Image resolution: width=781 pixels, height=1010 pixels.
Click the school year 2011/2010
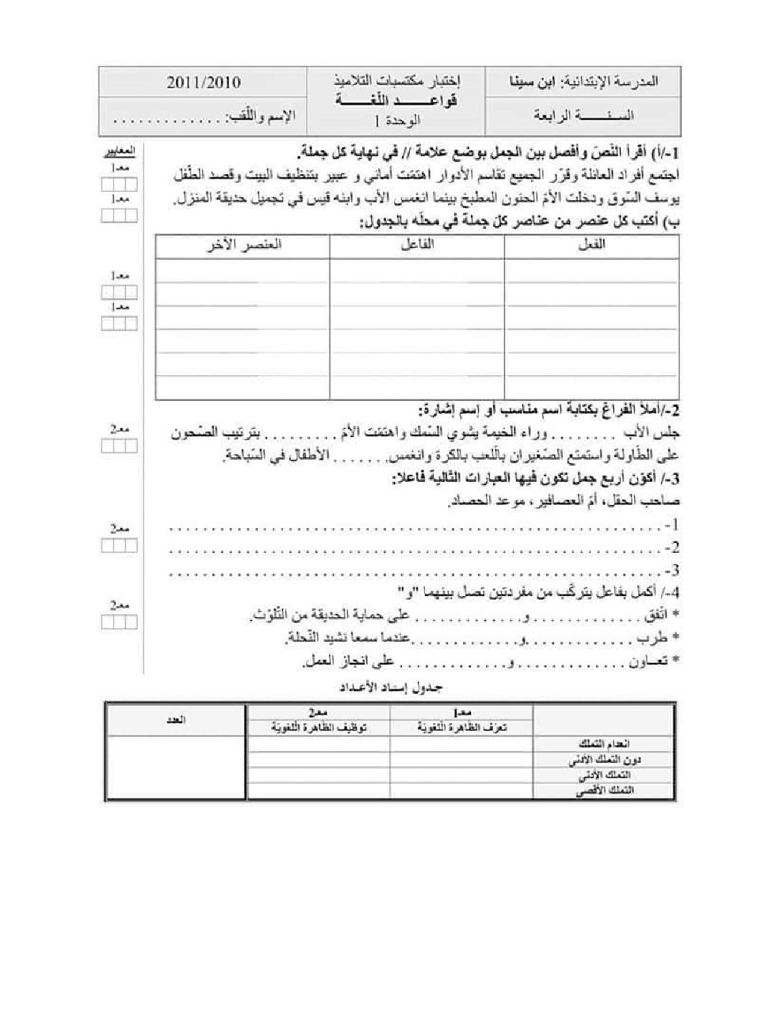(x=204, y=82)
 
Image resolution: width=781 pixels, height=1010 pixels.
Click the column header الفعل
(x=591, y=245)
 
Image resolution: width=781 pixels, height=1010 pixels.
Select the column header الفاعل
(x=418, y=245)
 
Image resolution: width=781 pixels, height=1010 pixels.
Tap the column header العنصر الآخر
(x=244, y=245)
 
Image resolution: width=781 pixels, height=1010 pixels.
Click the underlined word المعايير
(x=118, y=153)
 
